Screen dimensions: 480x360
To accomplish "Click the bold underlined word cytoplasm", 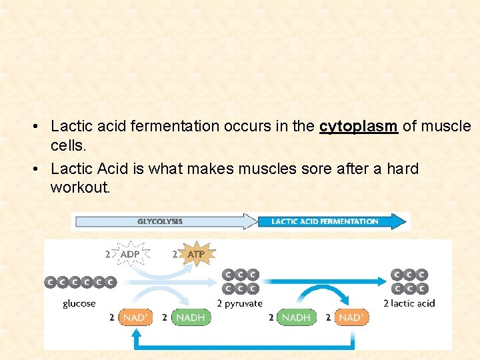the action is (x=359, y=127).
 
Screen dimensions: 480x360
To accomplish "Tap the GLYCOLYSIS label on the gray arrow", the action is (x=160, y=221).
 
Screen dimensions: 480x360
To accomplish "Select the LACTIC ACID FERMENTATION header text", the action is (x=325, y=221).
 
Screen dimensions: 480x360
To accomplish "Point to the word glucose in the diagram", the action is (x=79, y=304).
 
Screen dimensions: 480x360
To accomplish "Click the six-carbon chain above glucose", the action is (x=80, y=282).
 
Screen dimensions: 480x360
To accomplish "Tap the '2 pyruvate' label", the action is (x=240, y=304).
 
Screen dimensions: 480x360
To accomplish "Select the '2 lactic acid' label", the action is (x=409, y=304).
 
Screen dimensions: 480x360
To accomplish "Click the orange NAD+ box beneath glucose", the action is (x=135, y=318).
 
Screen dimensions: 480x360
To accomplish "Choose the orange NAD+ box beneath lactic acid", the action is (x=351, y=318).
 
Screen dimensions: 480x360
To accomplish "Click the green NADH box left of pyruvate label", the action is (x=190, y=318).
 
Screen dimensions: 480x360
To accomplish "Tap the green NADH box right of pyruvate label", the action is (x=295, y=318).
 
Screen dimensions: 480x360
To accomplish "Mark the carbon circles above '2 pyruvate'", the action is (x=241, y=281).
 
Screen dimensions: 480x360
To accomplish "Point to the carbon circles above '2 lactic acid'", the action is (x=409, y=281).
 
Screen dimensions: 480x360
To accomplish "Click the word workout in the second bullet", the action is (x=79, y=187).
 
